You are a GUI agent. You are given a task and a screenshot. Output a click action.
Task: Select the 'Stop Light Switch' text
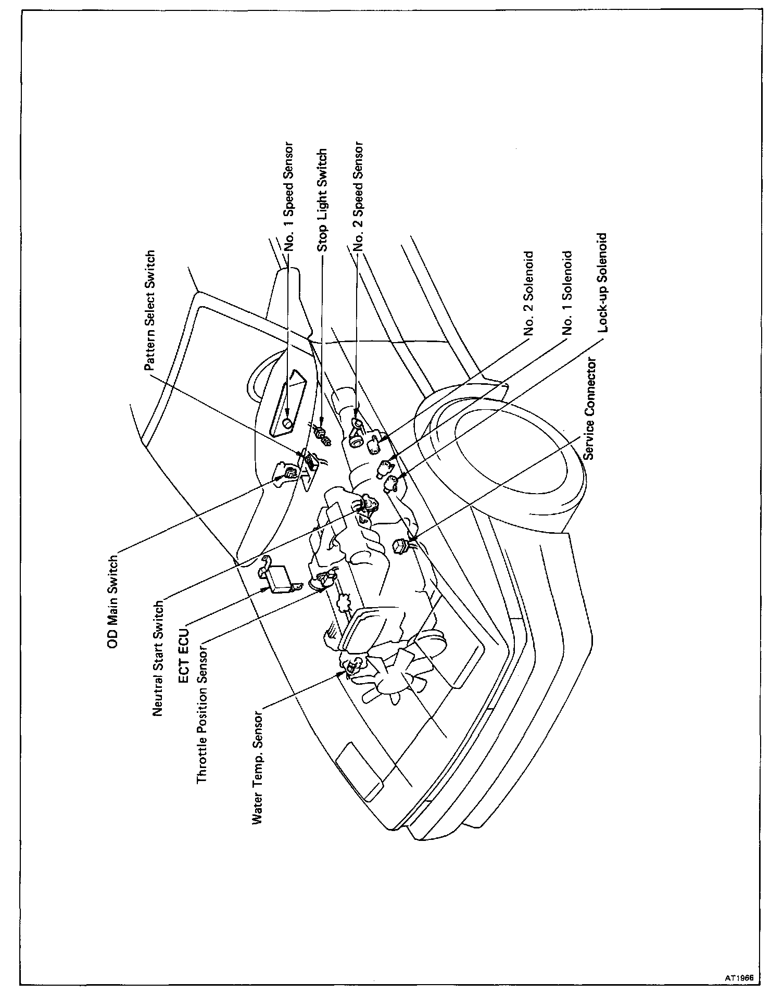click(x=322, y=200)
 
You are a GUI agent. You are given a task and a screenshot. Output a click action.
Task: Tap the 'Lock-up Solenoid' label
click(x=603, y=285)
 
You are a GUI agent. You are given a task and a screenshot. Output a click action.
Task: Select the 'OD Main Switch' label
click(x=112, y=602)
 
